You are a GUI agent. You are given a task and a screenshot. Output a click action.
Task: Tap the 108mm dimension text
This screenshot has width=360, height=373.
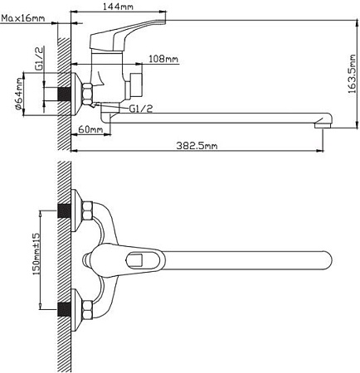coord(163,59)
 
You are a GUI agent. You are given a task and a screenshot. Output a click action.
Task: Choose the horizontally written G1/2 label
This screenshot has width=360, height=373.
coord(140,108)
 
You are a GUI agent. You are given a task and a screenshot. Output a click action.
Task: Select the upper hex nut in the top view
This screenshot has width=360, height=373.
coord(85,212)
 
